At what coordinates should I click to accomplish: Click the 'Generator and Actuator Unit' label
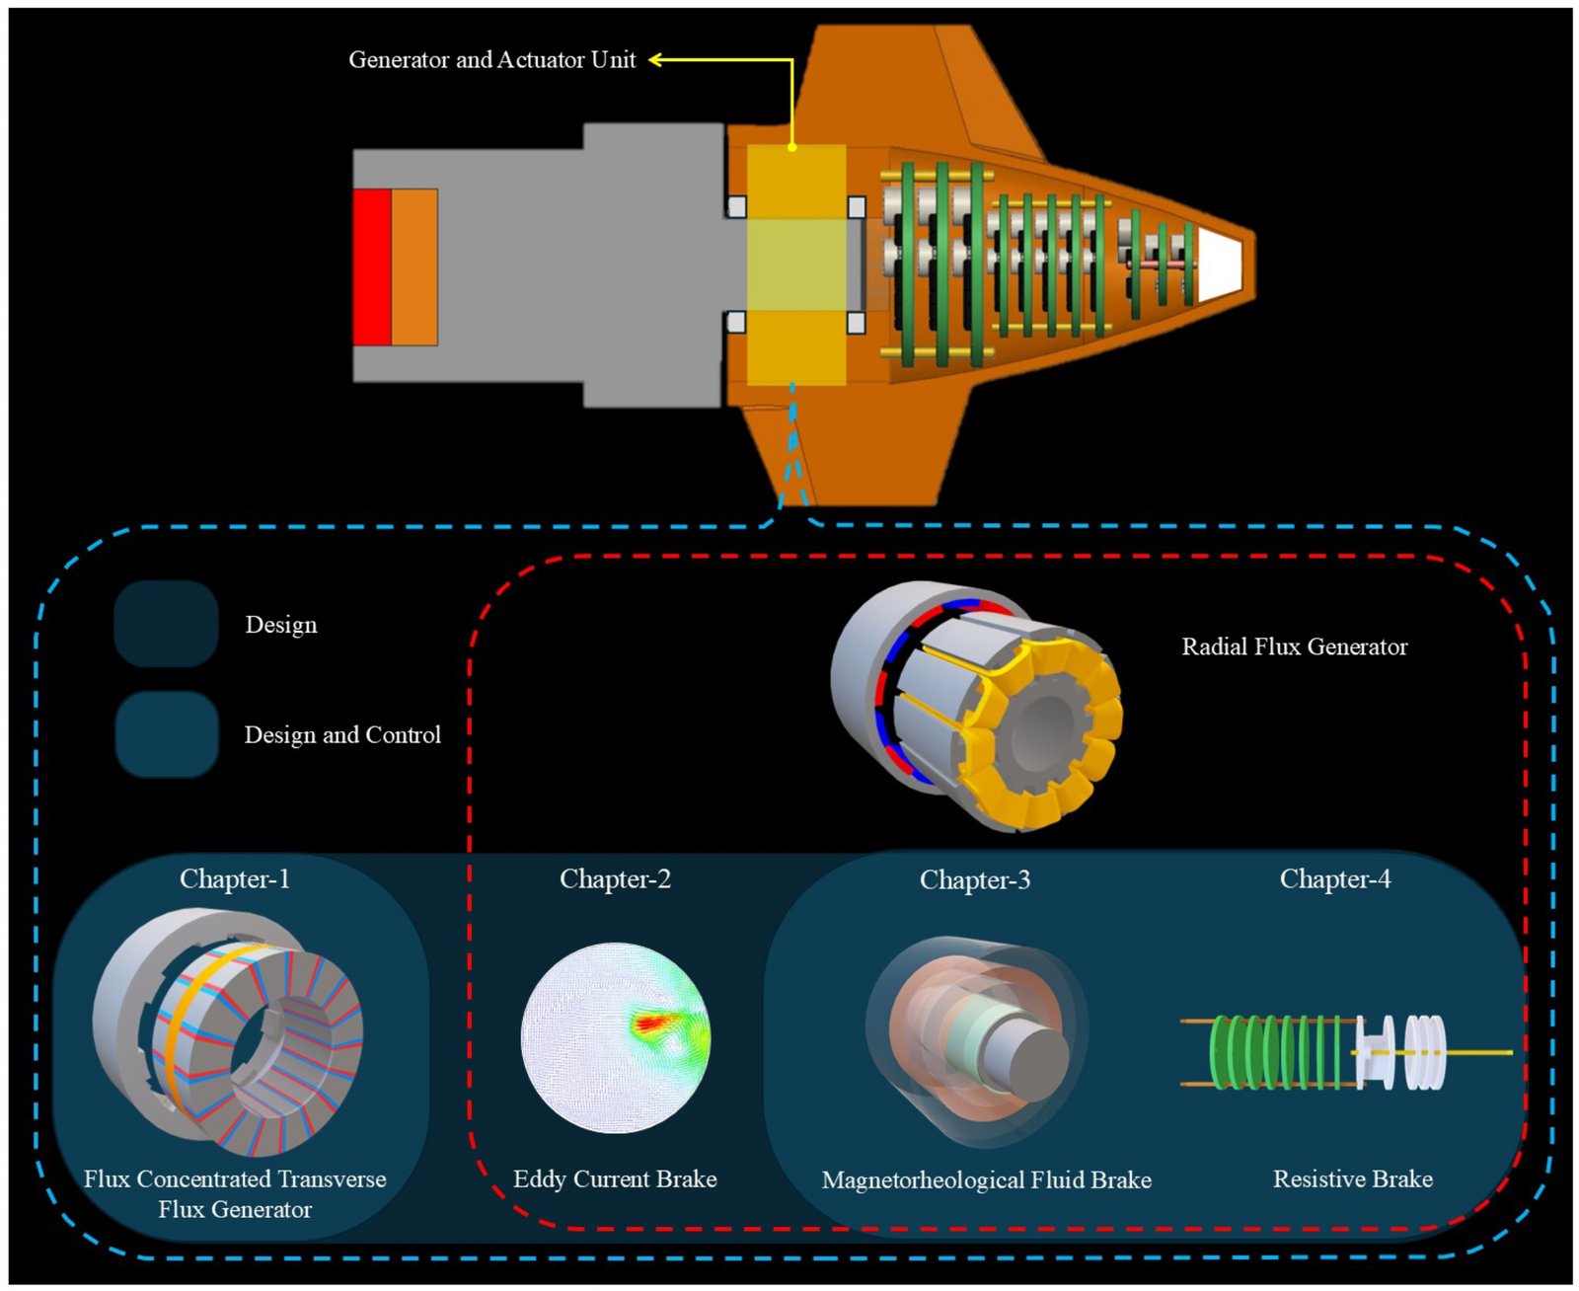491,60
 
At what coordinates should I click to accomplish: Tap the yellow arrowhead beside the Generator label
655,60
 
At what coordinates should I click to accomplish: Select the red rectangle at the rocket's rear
372,266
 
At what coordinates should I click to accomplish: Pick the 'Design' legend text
281,625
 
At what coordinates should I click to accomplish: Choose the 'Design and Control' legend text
342,735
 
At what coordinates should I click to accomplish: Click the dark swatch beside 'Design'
166,624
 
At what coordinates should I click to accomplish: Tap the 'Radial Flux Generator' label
1294,647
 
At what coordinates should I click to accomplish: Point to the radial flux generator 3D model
977,703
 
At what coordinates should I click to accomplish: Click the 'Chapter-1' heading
235,879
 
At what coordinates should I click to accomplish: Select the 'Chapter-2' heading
615,879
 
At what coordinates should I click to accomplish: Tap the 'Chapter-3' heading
975,880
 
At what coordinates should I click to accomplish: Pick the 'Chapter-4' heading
1334,879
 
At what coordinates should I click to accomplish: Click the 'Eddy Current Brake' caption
615,1179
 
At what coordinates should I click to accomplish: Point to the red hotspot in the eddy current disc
648,1025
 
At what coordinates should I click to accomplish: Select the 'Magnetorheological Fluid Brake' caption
986,1180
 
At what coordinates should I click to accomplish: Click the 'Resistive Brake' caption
1352,1179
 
